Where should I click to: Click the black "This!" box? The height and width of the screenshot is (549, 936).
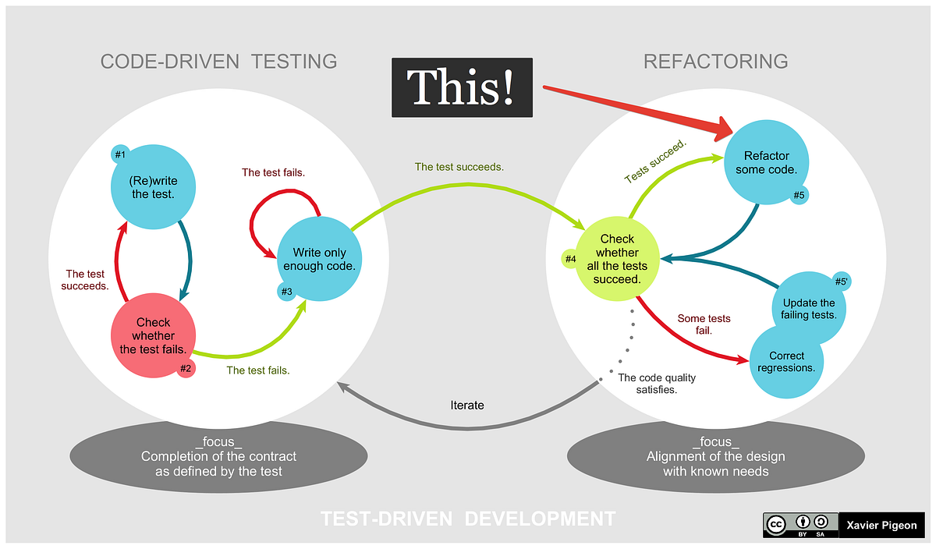(x=462, y=87)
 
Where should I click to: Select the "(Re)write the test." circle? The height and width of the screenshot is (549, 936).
(x=154, y=187)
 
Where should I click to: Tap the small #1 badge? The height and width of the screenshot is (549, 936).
(x=120, y=154)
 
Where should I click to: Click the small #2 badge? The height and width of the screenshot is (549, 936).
(x=186, y=369)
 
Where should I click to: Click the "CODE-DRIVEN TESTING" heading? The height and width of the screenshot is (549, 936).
(x=218, y=62)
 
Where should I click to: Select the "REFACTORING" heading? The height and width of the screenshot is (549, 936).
(x=715, y=62)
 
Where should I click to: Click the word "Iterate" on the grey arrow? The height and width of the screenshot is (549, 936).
(x=466, y=405)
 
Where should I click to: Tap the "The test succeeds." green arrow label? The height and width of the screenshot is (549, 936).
(x=459, y=167)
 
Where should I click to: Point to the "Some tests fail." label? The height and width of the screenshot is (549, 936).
(x=704, y=324)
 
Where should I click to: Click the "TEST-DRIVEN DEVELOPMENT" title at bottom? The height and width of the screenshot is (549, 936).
(x=468, y=519)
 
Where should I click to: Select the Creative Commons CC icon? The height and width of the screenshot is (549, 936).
(x=777, y=524)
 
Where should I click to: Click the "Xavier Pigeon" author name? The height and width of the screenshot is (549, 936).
(x=881, y=525)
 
